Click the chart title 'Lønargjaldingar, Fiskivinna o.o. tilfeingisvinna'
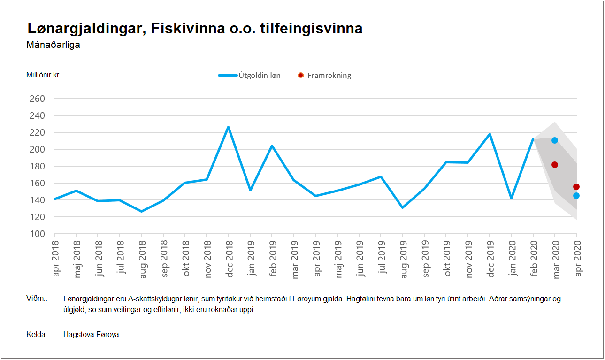click(195, 28)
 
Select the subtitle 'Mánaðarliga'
click(54, 45)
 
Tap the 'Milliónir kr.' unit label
click(44, 75)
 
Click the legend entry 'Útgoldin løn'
click(249, 75)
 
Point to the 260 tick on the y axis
click(37, 99)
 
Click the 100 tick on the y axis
click(37, 234)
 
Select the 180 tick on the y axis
click(37, 166)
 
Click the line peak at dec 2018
click(228, 127)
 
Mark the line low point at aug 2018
click(141, 211)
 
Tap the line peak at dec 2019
click(490, 134)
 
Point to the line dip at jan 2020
click(511, 198)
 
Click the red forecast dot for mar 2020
click(555, 165)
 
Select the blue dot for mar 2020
click(555, 140)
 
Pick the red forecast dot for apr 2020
click(576, 187)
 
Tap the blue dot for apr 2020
click(576, 196)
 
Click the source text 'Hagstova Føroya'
click(91, 335)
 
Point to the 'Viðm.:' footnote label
click(37, 299)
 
